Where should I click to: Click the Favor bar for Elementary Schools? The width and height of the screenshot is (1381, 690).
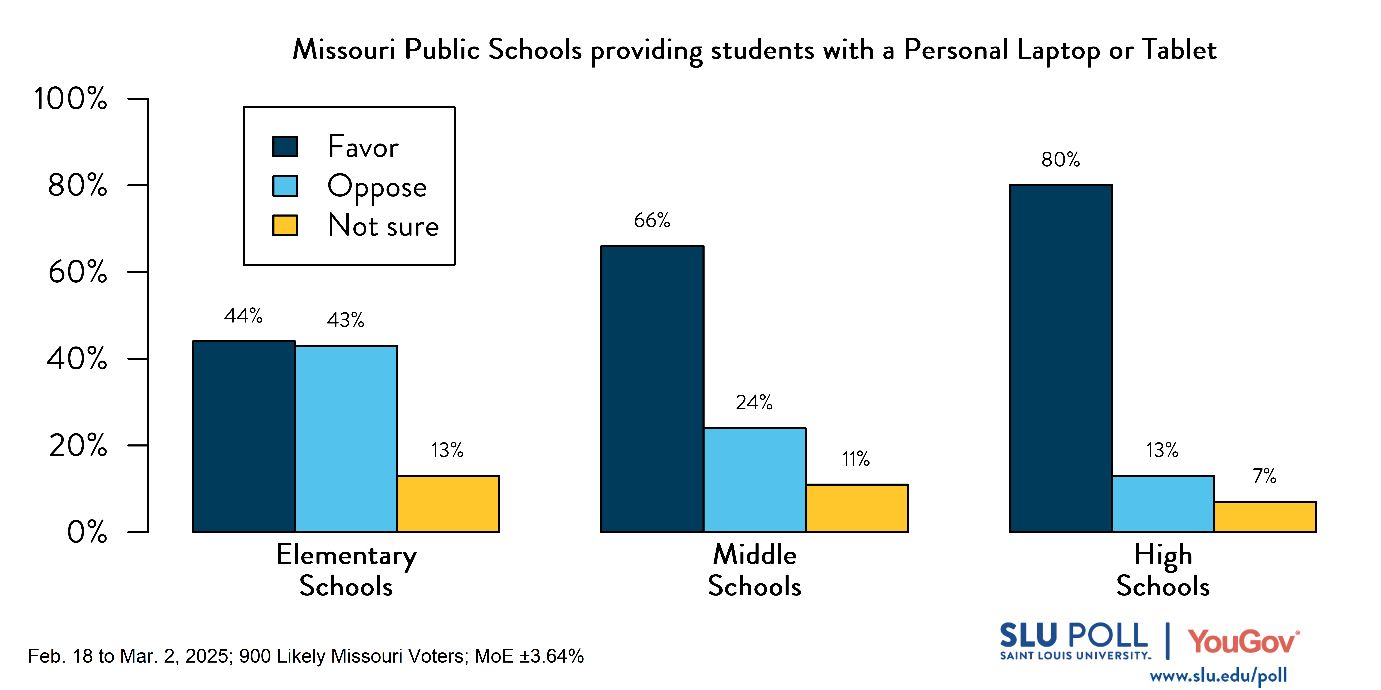pyautogui.click(x=244, y=437)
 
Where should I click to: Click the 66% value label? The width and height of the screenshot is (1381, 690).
pyautogui.click(x=652, y=220)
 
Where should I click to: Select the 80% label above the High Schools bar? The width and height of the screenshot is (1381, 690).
pyautogui.click(x=1060, y=160)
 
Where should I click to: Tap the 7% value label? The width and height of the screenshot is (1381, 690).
pyautogui.click(x=1265, y=476)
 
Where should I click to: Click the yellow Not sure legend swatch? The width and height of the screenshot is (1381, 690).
pyautogui.click(x=285, y=226)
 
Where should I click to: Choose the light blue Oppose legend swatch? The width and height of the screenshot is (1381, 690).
pyautogui.click(x=285, y=186)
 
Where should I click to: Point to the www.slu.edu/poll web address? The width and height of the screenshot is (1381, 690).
pyautogui.click(x=1218, y=675)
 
